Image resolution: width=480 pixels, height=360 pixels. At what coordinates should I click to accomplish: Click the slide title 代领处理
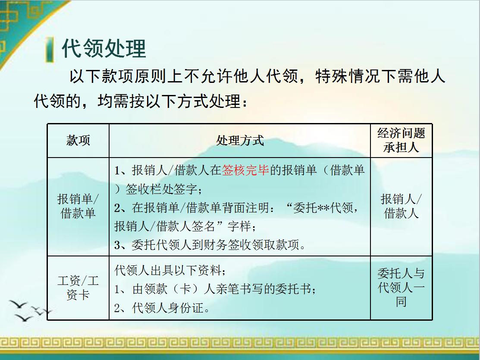[x=104, y=48]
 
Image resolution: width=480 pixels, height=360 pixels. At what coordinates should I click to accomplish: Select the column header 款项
[x=78, y=141]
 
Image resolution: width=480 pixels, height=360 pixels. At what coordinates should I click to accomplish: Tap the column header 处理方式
[x=240, y=141]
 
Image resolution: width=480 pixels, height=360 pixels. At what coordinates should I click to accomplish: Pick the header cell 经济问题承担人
[x=401, y=140]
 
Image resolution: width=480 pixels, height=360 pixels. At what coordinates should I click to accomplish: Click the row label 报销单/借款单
[x=78, y=206]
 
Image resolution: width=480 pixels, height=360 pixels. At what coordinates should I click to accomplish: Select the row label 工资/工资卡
[x=78, y=288]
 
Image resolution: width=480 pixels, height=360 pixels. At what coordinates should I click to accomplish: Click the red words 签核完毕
[x=245, y=171]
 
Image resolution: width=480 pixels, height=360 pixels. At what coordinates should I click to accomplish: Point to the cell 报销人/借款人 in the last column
[x=401, y=206]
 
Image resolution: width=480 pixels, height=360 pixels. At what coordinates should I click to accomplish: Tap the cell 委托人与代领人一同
[x=401, y=287]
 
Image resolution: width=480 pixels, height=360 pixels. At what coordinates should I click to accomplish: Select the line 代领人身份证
[x=162, y=308]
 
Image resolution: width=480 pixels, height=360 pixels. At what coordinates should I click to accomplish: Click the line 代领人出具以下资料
[x=170, y=271]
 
